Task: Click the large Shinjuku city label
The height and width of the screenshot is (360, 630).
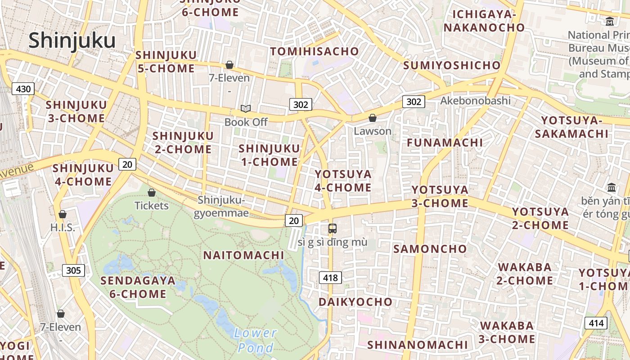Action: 72,40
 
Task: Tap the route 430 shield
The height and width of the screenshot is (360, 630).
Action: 23,89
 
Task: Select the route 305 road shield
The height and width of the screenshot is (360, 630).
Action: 73,270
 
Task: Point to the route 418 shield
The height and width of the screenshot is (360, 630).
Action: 330,278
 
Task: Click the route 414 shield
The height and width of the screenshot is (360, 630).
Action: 596,323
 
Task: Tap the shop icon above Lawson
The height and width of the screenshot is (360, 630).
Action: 372,118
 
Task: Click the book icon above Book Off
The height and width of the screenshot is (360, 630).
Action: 245,108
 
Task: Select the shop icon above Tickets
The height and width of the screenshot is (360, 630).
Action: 152,193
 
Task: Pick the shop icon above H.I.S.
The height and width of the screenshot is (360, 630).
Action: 63,214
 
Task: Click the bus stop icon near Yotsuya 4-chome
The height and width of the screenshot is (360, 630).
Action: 332,229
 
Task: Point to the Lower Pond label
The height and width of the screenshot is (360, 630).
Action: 255,340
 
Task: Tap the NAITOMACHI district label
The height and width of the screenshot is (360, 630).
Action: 244,255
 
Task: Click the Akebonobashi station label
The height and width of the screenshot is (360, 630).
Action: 475,100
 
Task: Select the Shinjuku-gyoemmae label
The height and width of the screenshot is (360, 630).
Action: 221,206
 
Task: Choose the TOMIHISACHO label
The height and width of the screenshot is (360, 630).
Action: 315,51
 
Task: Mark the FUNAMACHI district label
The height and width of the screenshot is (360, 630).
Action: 445,143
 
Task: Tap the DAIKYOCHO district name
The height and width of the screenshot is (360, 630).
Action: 355,301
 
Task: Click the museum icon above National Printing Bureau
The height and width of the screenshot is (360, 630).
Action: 610,21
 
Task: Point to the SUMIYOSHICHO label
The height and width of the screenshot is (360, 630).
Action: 451,65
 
